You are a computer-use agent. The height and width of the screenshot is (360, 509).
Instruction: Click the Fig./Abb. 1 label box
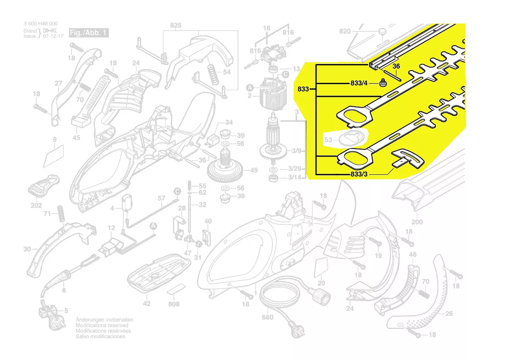(88, 33)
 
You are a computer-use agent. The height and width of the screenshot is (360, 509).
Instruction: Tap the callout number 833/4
(359, 83)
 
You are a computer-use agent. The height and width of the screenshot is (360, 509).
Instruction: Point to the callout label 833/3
(359, 175)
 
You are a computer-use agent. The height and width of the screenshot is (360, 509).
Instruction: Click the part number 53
(329, 140)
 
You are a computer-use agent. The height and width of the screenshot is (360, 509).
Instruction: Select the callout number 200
(417, 221)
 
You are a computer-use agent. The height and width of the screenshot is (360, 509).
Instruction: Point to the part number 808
(174, 304)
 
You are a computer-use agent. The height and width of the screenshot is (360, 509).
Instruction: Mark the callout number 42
(147, 304)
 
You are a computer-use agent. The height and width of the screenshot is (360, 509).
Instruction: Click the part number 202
(36, 206)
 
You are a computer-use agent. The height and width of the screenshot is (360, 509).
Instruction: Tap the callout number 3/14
(294, 177)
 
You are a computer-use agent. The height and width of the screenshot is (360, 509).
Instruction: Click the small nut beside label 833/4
(383, 83)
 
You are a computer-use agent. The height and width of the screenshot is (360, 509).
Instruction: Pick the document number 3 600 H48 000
(40, 24)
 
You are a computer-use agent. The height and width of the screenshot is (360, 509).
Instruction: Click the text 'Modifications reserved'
(102, 325)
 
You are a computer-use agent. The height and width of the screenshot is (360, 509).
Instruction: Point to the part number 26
(449, 313)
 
